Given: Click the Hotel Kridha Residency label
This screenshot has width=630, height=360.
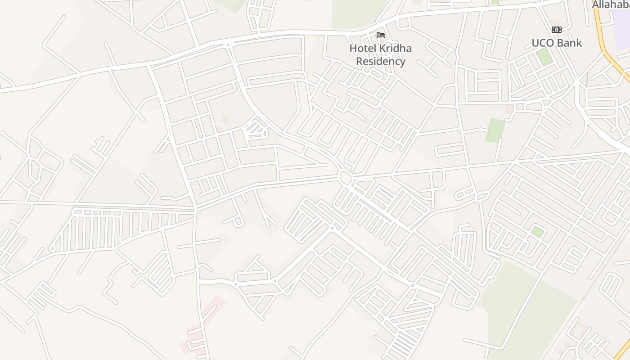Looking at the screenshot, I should (x=381, y=54).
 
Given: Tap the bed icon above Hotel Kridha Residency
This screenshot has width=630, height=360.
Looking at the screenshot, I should (x=381, y=35).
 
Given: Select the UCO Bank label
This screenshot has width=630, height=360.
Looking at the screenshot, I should (x=557, y=43).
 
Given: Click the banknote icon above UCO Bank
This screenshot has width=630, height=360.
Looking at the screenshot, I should (x=557, y=30).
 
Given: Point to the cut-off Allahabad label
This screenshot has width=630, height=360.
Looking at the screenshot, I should (x=611, y=4).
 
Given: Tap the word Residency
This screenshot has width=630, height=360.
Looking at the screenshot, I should (x=381, y=61).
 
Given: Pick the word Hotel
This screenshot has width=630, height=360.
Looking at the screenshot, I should (x=363, y=48).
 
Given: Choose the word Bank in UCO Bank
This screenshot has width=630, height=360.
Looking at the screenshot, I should (x=569, y=43).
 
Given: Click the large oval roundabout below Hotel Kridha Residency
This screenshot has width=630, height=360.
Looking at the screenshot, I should (x=346, y=178).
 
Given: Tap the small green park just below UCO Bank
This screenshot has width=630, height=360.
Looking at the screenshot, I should (x=544, y=57).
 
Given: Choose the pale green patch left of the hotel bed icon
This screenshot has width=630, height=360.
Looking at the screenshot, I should (x=355, y=13).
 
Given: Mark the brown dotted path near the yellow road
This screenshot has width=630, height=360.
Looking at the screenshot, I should (x=587, y=79).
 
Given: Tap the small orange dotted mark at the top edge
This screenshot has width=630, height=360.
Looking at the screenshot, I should (x=495, y=2).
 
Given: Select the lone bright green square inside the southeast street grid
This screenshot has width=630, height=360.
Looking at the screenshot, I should (x=537, y=232).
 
